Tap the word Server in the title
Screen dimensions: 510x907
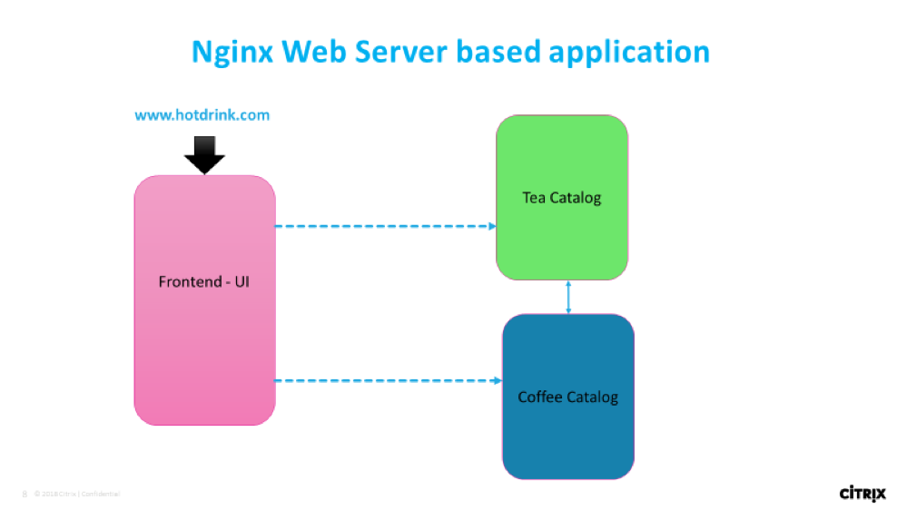(x=402, y=51)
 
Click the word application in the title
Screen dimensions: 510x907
(x=628, y=53)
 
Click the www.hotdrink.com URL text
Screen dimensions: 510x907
(x=202, y=115)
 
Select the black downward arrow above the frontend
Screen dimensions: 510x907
(x=204, y=154)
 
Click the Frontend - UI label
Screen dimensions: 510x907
(x=204, y=281)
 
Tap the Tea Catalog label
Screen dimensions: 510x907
(x=562, y=197)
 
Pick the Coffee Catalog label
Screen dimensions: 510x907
(x=567, y=397)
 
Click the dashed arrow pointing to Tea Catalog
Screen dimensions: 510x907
(x=385, y=226)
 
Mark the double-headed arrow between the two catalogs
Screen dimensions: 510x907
(x=568, y=298)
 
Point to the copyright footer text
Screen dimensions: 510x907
(x=77, y=494)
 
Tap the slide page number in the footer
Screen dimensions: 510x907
(x=24, y=494)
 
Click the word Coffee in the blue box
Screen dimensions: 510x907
(x=539, y=397)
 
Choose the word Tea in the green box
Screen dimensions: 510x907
(x=533, y=197)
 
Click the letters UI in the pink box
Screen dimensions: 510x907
(x=242, y=281)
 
